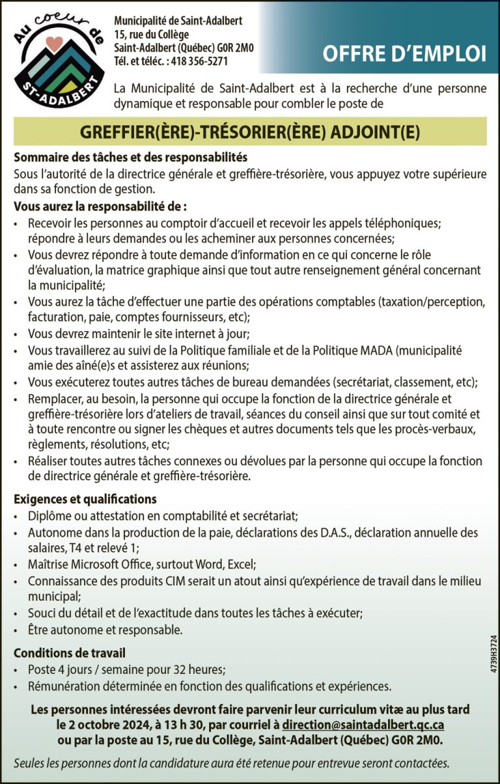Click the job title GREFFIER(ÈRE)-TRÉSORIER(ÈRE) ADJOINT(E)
[x=249, y=132]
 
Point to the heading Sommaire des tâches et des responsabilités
[x=130, y=158]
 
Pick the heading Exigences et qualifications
[x=85, y=499]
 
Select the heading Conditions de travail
[x=70, y=652]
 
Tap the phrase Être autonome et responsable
[x=105, y=630]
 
